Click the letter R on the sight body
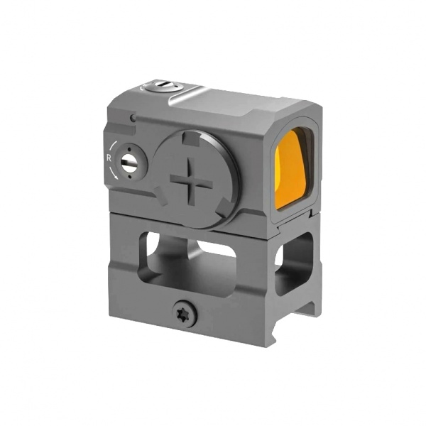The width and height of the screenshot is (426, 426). pos(109,158)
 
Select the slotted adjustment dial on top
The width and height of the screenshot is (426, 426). pos(163,87)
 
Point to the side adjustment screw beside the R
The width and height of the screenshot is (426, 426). pos(130,161)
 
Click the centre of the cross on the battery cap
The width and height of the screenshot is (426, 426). pos(192,180)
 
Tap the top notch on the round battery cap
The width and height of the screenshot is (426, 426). pos(191,138)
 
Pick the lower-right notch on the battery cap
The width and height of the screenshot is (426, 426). pos(224,207)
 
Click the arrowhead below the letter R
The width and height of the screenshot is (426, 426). pos(116,177)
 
